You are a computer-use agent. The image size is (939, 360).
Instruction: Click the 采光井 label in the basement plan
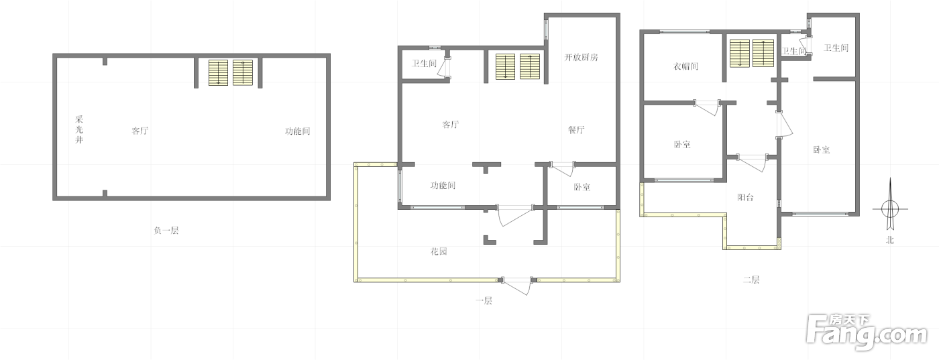click(79, 129)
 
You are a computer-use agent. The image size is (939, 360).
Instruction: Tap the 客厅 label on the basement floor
click(140, 131)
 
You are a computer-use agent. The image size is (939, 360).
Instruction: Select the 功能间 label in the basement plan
click(298, 131)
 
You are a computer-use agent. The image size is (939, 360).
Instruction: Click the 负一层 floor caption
click(166, 231)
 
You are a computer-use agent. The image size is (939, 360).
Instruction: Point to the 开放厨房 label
click(581, 58)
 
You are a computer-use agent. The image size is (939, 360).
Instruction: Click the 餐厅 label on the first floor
click(576, 130)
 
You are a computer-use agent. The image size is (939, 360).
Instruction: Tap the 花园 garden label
click(439, 251)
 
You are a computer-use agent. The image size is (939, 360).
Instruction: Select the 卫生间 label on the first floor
click(424, 63)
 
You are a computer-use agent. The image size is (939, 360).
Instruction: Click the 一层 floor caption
click(484, 300)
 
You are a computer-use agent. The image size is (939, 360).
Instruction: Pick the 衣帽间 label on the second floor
click(685, 66)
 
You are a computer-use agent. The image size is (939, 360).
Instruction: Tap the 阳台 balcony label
click(745, 197)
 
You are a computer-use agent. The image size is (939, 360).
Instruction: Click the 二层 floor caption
click(751, 280)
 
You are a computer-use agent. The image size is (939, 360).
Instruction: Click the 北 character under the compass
click(890, 240)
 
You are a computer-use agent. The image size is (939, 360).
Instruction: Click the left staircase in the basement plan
click(219, 72)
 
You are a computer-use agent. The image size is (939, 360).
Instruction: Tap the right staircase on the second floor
click(763, 53)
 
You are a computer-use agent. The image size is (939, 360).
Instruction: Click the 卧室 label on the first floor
click(582, 187)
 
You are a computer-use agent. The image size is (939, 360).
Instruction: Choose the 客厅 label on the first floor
click(451, 125)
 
